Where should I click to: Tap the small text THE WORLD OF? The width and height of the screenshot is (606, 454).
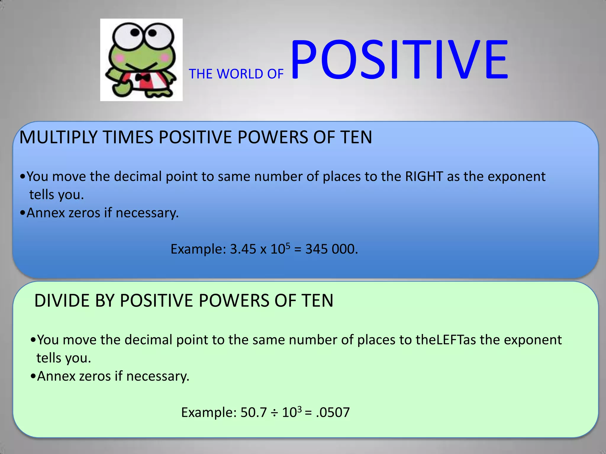(236, 74)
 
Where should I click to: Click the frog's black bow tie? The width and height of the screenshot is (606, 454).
(143, 78)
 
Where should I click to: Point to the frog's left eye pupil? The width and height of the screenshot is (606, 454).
(135, 32)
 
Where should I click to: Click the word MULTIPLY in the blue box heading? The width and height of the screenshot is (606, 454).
(58, 137)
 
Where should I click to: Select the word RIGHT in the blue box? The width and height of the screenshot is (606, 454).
(424, 176)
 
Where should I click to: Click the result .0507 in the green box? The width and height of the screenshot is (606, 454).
(333, 413)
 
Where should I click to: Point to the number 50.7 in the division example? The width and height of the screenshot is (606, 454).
(254, 413)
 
